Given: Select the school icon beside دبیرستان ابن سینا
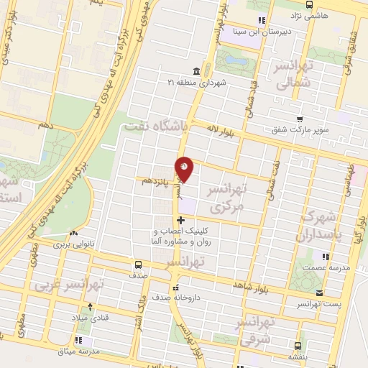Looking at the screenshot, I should coord(261,19).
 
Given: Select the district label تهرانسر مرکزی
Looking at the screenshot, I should coord(226,197).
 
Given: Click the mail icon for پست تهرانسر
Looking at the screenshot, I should coord(318,293).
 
